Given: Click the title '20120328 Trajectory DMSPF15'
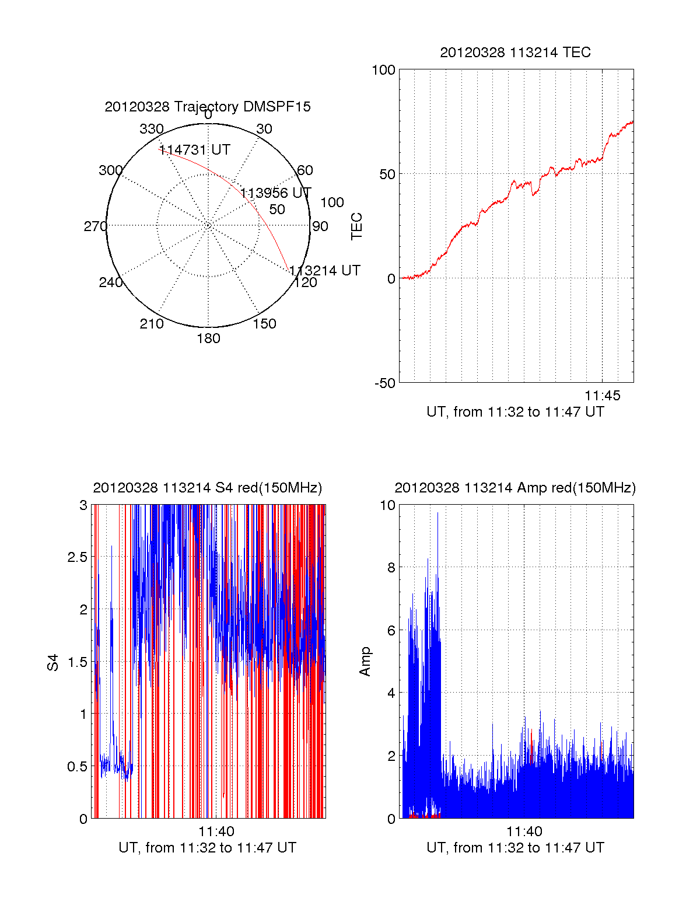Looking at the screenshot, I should click(x=208, y=107).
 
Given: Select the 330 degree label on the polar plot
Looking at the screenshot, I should click(x=152, y=129).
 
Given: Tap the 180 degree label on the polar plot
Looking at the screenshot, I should click(x=208, y=338).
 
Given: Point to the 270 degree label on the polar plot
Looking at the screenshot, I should click(x=95, y=226).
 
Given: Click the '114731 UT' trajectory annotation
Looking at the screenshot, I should click(x=195, y=150).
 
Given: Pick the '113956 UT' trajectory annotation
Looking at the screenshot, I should click(x=276, y=193).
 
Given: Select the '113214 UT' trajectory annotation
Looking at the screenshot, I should click(x=325, y=271).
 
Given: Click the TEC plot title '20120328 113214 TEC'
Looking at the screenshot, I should click(x=515, y=53).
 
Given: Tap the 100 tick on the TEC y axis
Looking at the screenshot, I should click(x=383, y=70).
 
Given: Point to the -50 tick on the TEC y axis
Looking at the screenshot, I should click(x=384, y=383).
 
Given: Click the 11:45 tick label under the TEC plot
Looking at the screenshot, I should click(x=603, y=396).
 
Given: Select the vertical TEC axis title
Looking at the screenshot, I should click(x=356, y=226).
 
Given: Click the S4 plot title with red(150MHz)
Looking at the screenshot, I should click(x=208, y=488).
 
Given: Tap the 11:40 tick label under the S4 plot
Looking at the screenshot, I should click(x=216, y=832).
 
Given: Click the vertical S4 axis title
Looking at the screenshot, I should click(x=53, y=662).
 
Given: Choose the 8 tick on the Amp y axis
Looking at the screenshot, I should click(x=391, y=568).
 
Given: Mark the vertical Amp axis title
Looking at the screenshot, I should click(x=365, y=662).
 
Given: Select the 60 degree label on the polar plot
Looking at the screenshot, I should click(x=305, y=170).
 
